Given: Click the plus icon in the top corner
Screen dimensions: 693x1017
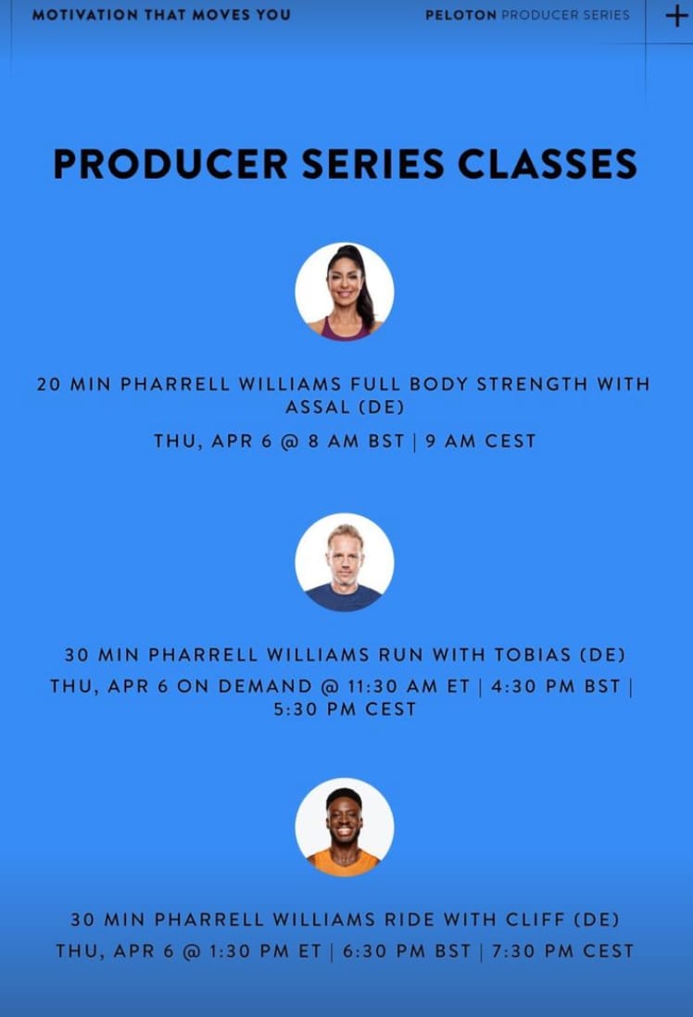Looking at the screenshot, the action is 676,16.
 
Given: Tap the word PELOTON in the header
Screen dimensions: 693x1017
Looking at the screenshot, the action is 460,15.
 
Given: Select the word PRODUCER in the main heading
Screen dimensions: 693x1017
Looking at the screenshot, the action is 170,163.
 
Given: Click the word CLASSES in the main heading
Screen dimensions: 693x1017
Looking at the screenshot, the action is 548,163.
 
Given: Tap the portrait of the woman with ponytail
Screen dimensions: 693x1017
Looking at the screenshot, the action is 345,292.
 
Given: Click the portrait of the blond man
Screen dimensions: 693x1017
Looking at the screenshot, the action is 345,562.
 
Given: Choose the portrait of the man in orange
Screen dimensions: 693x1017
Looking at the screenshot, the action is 345,827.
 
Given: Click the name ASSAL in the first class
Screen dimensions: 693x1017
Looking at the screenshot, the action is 318,408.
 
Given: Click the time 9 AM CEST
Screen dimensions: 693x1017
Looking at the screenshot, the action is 481,441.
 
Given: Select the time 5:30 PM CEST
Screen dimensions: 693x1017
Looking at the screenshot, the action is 345,709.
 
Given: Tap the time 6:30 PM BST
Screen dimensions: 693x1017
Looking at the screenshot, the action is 407,951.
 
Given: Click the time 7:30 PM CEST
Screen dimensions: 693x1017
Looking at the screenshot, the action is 562,951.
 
